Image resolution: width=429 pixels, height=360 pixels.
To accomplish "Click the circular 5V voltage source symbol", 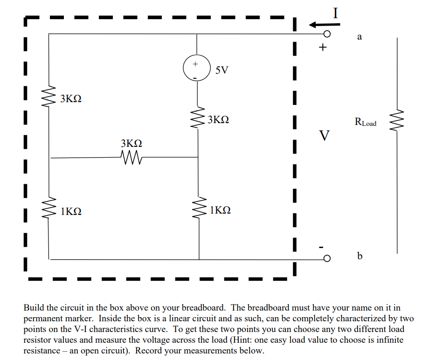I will [196, 69].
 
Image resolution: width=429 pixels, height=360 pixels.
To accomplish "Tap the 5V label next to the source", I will [222, 70].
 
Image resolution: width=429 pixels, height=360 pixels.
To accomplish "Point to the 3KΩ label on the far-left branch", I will [71, 99].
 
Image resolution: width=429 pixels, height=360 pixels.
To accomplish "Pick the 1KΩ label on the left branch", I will [71, 211].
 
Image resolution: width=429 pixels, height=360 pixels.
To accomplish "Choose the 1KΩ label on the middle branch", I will [220, 210].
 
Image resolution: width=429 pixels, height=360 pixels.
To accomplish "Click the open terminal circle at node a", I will [327, 34].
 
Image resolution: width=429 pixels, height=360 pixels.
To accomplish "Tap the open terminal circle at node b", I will [327, 258].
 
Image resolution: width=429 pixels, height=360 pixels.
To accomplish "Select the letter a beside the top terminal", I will [359, 37].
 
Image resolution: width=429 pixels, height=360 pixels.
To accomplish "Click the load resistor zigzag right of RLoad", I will [398, 122].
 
